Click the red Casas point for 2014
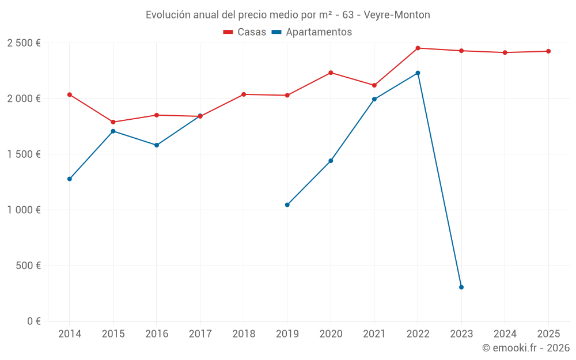click(70, 94)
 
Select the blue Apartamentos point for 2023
click(461, 287)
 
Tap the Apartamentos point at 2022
click(418, 73)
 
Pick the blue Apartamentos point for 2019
click(287, 204)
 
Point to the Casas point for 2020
click(331, 73)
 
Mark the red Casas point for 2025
click(548, 51)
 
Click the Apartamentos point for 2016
click(157, 145)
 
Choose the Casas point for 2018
click(244, 94)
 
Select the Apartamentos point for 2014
click(70, 179)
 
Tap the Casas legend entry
click(245, 32)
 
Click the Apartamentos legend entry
click(312, 32)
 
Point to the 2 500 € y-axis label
click(24, 43)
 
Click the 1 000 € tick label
click(24, 210)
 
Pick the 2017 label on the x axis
click(200, 334)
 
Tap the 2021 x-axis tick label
click(374, 334)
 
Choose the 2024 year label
click(505, 334)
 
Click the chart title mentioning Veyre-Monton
click(287, 15)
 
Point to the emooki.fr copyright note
click(525, 348)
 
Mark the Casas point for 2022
click(418, 48)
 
